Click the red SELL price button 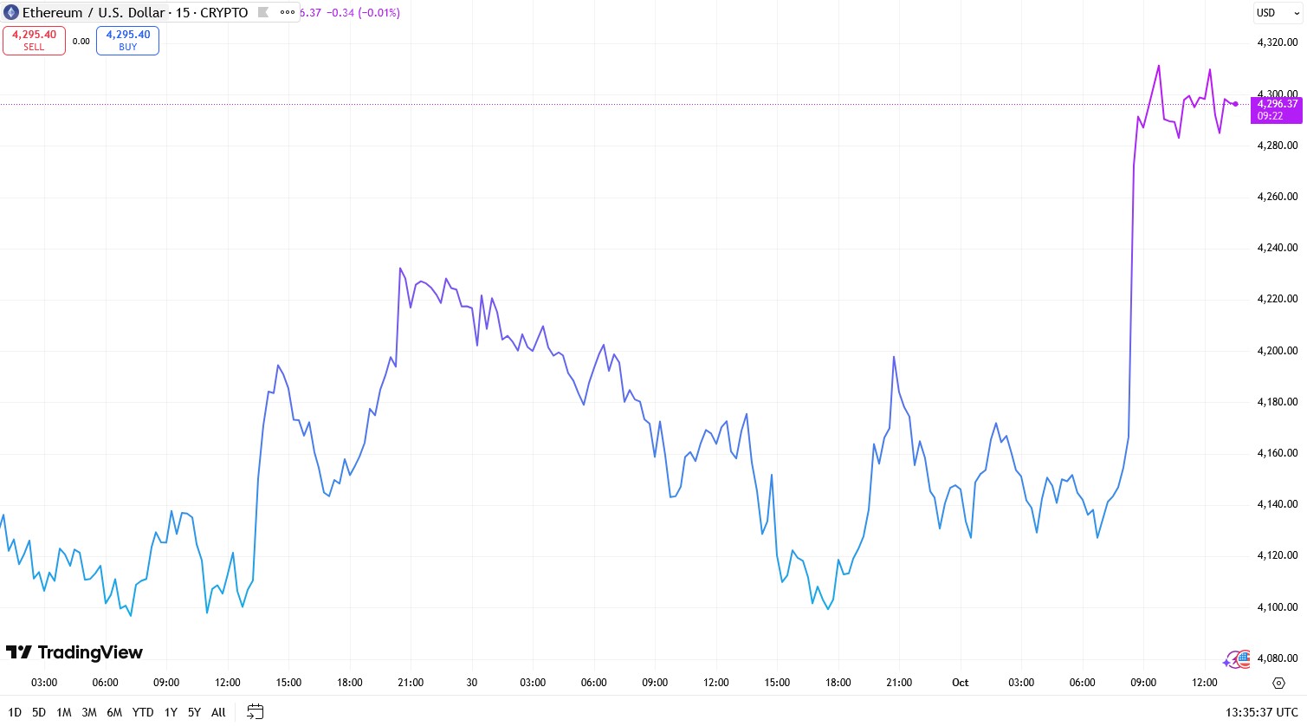[x=34, y=41]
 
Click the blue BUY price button [x=127, y=41]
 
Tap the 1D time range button [x=15, y=712]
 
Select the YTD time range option [x=143, y=712]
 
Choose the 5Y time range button [x=194, y=712]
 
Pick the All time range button [x=218, y=712]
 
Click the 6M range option [x=114, y=712]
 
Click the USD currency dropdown [x=1277, y=13]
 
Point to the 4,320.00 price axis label [x=1278, y=42]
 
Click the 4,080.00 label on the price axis [x=1278, y=658]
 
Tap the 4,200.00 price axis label [x=1278, y=351]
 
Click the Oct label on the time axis [x=961, y=683]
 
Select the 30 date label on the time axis [x=472, y=683]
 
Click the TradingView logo [x=74, y=652]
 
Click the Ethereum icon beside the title [x=11, y=13]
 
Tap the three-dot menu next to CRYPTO [x=288, y=12]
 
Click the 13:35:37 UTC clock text [x=1261, y=712]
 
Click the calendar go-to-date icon [x=255, y=712]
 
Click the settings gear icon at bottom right [x=1278, y=683]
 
